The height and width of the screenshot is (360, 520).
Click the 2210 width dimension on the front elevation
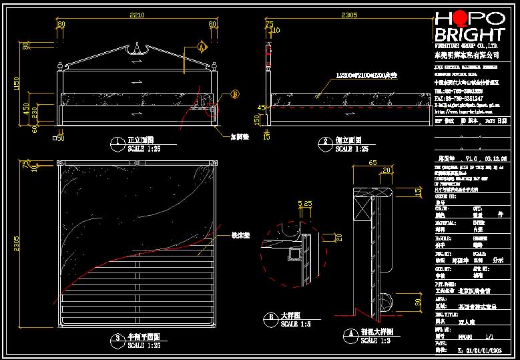click(136, 15)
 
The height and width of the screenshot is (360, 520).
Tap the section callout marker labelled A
click(202, 47)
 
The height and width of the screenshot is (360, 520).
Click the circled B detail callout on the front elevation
click(234, 94)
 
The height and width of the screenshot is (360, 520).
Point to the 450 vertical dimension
click(26, 108)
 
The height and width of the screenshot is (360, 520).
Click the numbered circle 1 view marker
click(118, 142)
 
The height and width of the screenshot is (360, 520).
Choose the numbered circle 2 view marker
click(326, 142)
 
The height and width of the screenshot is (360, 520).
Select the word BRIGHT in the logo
click(469, 34)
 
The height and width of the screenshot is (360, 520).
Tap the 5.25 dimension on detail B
click(306, 203)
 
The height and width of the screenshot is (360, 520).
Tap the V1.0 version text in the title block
click(472, 159)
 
